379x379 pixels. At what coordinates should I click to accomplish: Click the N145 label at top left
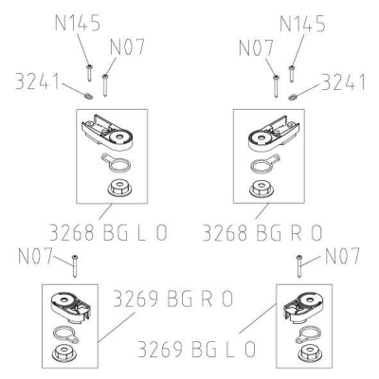point(78,23)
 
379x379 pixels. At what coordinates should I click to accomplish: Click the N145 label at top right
point(302,24)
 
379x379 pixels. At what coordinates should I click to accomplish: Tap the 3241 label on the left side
point(37,81)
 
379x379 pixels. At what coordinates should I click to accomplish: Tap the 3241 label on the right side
point(343,82)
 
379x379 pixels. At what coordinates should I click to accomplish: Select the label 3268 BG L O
point(108,233)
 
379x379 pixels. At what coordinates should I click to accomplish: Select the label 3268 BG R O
point(262,233)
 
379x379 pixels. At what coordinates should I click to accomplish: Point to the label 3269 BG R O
point(172,298)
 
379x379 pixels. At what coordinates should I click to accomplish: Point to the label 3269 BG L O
point(196,349)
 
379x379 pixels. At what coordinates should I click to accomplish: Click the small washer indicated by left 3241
point(88,96)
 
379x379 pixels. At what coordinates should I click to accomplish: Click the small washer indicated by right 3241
point(292,96)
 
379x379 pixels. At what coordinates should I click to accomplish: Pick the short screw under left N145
point(89,73)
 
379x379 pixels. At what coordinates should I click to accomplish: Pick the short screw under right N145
point(292,74)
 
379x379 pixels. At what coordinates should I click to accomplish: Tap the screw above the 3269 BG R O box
point(75,265)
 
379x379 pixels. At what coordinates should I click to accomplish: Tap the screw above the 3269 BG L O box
point(299,265)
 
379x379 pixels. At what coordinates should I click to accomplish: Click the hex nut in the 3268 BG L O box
point(119,189)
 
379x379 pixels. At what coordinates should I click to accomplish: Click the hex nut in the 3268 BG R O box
point(262,189)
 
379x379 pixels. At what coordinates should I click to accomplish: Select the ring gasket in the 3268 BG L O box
point(117,163)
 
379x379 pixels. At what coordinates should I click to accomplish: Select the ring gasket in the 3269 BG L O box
point(309,334)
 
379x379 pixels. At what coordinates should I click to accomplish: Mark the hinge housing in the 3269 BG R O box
point(71,306)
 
